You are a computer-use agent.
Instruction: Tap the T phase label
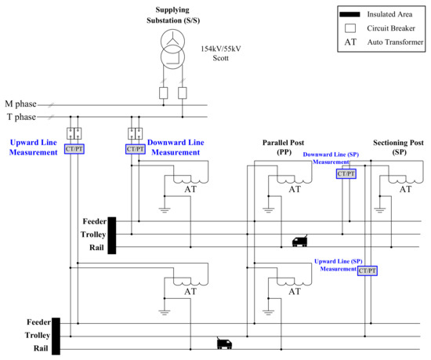pyautogui.click(x=21, y=117)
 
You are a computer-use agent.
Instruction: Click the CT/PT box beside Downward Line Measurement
pyautogui.click(x=136, y=149)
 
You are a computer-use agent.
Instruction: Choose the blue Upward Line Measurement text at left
pyautogui.click(x=32, y=147)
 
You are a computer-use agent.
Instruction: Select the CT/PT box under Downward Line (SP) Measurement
pyautogui.click(x=346, y=173)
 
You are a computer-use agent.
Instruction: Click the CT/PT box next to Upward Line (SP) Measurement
pyautogui.click(x=368, y=271)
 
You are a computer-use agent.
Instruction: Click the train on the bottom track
pyautogui.click(x=225, y=343)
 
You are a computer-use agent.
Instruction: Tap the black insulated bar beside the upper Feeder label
pyautogui.click(x=112, y=235)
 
